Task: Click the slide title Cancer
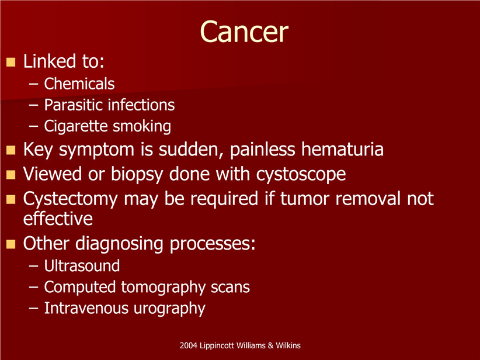pyautogui.click(x=244, y=32)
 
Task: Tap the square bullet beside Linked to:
pyautogui.click(x=11, y=62)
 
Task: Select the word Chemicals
pyautogui.click(x=79, y=84)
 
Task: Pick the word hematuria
pyautogui.click(x=342, y=149)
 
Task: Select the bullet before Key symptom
pyautogui.click(x=11, y=150)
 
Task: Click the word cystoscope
pyautogui.click(x=301, y=175)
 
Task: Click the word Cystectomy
pyautogui.click(x=71, y=199)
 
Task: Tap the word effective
pyautogui.click(x=58, y=219)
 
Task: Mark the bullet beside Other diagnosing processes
pyautogui.click(x=11, y=244)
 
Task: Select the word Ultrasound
pyautogui.click(x=82, y=266)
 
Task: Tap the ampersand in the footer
pyautogui.click(x=270, y=345)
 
